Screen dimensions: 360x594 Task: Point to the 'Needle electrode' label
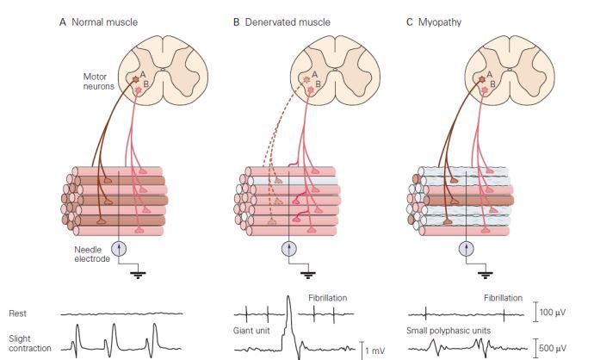point(88,252)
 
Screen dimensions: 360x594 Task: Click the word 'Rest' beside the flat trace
point(18,313)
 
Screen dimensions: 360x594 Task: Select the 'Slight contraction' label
point(28,343)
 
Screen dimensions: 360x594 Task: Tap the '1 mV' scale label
point(377,348)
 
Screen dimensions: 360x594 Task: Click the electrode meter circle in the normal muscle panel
point(119,248)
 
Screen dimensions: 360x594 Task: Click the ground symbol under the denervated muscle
point(306,275)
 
